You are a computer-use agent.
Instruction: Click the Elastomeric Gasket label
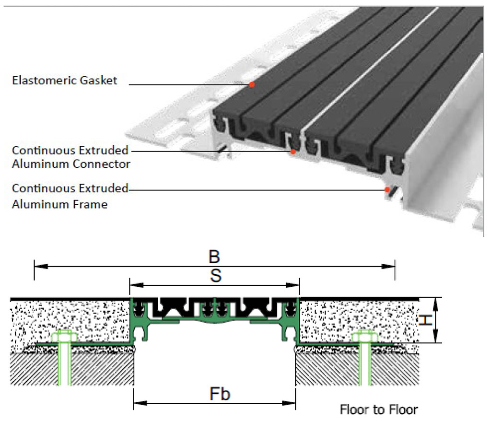[64, 80]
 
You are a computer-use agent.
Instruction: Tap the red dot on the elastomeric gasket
[251, 85]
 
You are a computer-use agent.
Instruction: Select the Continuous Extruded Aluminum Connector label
[71, 157]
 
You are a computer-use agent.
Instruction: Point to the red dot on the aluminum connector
[292, 152]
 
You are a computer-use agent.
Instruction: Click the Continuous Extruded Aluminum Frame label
[70, 196]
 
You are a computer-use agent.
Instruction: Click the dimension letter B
[214, 256]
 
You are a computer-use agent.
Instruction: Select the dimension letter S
[215, 276]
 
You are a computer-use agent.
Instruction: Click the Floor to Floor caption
[379, 409]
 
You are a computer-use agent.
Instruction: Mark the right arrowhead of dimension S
[296, 285]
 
